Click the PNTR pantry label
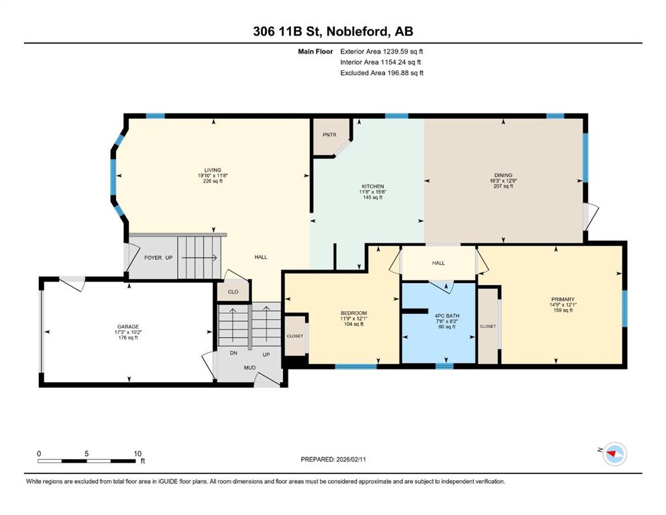tap(329, 135)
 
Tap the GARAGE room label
tap(128, 327)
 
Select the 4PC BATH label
tap(447, 317)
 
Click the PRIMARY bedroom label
tap(563, 299)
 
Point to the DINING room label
tap(503, 175)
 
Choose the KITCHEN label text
tap(372, 186)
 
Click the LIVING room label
tap(213, 170)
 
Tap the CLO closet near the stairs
tap(233, 292)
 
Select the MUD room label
tap(249, 367)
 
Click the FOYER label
tap(153, 257)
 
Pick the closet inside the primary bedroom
tap(488, 327)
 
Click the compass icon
tap(615, 454)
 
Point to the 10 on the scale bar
tap(137, 453)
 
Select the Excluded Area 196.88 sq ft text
tap(382, 73)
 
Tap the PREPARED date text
tap(333, 459)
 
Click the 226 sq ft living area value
tap(213, 181)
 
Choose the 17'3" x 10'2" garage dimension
tap(128, 333)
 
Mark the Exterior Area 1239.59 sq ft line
tap(382, 52)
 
